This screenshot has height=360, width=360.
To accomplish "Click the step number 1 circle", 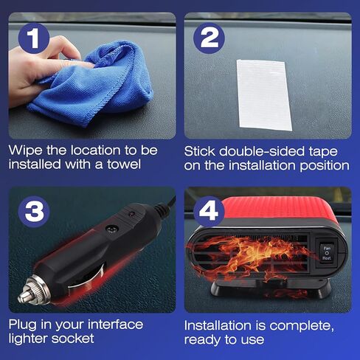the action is (34, 38).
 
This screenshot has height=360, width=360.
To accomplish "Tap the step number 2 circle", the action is (209, 38).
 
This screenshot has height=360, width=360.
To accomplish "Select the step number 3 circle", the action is (34, 212).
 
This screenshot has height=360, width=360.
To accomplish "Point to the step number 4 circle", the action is (209, 212).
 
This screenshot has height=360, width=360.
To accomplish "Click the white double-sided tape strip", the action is (264, 95).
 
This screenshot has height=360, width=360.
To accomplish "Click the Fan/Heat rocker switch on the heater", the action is (327, 253).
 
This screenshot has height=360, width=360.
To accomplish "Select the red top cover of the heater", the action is (278, 208).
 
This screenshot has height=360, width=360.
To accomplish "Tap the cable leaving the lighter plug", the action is (167, 204).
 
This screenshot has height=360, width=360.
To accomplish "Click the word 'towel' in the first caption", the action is (124, 165).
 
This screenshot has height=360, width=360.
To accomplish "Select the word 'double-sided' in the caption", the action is (262, 151).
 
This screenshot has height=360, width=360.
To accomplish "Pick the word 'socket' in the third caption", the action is (72, 339).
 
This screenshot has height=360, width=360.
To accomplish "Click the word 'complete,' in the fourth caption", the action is (302, 326).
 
